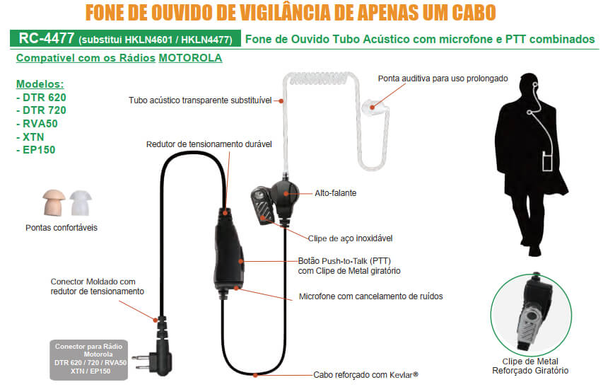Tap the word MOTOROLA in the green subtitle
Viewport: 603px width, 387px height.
[190, 58]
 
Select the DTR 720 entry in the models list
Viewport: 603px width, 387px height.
[41, 110]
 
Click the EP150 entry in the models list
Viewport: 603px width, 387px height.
[35, 149]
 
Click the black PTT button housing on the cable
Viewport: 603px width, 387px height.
[227, 255]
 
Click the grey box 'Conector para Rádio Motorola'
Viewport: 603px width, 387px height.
[90, 359]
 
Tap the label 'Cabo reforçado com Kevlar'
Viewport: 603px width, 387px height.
[366, 374]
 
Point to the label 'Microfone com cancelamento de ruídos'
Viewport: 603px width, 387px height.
[370, 296]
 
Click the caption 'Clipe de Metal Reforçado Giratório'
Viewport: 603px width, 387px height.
[530, 366]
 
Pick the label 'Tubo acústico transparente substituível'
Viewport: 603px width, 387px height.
[200, 100]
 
